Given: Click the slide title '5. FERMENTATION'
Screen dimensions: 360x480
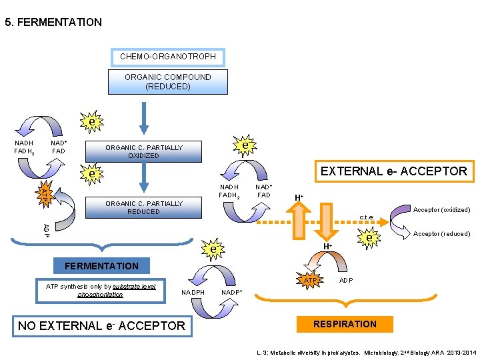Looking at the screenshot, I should click(53, 23).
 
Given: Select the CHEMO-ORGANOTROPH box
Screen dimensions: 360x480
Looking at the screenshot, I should click(167, 57).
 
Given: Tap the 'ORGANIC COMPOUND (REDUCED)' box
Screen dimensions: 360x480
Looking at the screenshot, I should click(167, 82).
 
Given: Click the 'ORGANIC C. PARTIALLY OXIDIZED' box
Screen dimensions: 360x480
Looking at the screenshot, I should click(143, 152).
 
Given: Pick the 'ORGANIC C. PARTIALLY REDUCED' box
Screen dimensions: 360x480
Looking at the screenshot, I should click(143, 207).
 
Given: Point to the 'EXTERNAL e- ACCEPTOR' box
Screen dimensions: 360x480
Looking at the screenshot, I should click(393, 171).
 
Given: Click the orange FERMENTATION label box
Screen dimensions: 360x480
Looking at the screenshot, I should click(101, 266).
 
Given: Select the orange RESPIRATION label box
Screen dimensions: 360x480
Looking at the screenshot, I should click(345, 324).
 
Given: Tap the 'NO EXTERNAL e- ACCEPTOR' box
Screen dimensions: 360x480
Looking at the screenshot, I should click(101, 325).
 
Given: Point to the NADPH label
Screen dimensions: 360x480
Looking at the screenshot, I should click(193, 292).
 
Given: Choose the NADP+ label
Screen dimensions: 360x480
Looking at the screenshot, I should click(231, 292).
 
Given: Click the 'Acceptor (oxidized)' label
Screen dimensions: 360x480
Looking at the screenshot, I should click(441, 210).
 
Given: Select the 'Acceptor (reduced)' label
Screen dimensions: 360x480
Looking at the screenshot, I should click(441, 234).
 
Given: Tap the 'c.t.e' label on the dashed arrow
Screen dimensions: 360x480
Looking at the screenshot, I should click(366, 217).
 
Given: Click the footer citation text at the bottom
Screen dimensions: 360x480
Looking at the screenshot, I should click(366, 351).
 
